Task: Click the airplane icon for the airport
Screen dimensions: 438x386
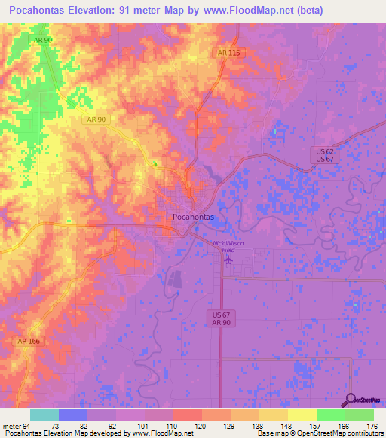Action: [x=228, y=260]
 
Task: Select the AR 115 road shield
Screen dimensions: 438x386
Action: [x=227, y=52]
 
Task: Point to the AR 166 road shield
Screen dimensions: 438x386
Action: [x=29, y=341]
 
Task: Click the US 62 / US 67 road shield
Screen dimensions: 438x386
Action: [x=324, y=154]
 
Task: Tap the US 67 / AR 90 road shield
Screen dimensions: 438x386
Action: [x=219, y=318]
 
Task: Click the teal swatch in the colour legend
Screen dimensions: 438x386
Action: [x=44, y=415]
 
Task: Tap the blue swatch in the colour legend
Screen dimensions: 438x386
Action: [x=73, y=415]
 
